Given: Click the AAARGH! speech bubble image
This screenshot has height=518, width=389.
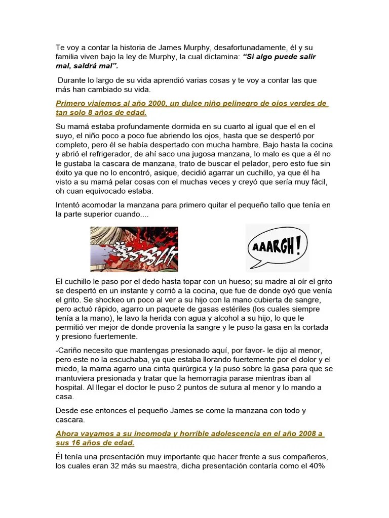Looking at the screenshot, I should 277,248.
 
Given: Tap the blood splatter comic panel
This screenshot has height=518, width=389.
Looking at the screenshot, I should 134,248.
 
